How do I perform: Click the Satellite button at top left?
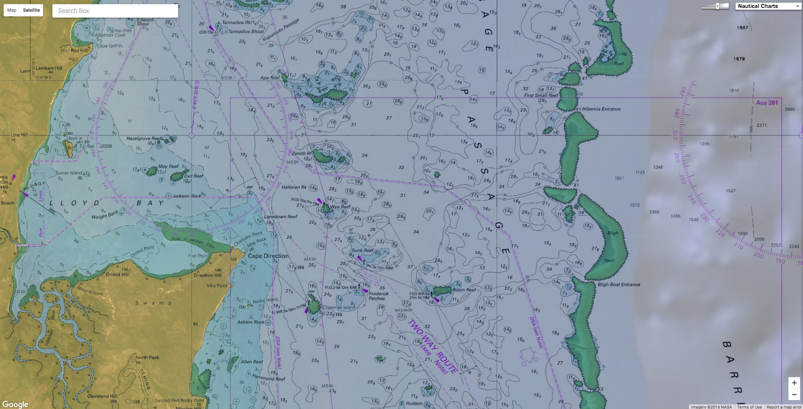31,10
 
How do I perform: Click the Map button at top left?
12,10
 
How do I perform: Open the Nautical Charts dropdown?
768,6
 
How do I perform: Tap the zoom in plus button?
794,383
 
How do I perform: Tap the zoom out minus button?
794,394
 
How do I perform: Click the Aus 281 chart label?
767,103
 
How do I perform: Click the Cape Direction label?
269,256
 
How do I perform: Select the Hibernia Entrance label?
601,109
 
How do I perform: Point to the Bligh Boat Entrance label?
619,285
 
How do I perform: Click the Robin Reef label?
464,290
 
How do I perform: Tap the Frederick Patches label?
378,296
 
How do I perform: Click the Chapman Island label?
339,308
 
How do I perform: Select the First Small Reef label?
541,95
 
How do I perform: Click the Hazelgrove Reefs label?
145,139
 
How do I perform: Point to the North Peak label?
147,358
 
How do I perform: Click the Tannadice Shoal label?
246,32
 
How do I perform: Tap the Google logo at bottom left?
15,404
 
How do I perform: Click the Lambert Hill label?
49,68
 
